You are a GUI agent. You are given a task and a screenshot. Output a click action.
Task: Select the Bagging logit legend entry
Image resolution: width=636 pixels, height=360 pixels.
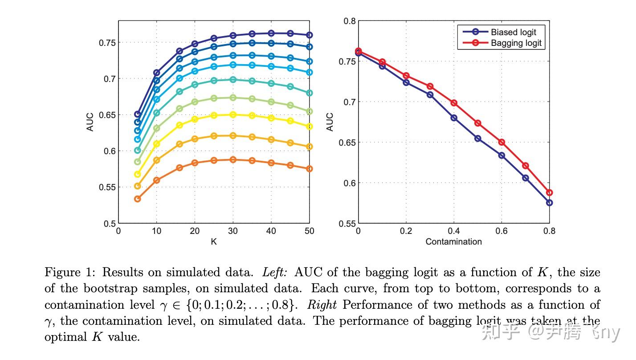pyautogui.click(x=516, y=43)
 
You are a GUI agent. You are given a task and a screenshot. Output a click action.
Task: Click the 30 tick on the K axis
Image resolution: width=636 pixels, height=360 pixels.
pyautogui.click(x=233, y=231)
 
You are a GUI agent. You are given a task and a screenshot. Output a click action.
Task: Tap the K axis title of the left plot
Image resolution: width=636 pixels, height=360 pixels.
pyautogui.click(x=214, y=241)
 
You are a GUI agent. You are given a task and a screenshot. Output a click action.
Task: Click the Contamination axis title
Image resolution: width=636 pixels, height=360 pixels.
pyautogui.click(x=453, y=241)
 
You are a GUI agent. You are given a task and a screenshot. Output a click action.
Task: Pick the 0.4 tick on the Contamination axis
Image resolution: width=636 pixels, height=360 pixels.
pyautogui.click(x=453, y=231)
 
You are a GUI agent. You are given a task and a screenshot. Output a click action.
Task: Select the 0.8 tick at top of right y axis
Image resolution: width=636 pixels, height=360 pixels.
pyautogui.click(x=350, y=21)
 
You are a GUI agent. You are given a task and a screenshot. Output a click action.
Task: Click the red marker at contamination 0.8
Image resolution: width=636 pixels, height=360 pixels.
pyautogui.click(x=549, y=192)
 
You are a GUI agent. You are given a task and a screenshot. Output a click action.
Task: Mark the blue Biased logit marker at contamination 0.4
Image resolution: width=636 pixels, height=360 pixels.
pyautogui.click(x=454, y=118)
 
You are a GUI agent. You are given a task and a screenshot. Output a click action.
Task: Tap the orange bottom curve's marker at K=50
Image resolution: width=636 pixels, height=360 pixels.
pyautogui.click(x=309, y=169)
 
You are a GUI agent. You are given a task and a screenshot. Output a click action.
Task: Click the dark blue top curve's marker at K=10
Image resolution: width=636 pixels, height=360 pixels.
pyautogui.click(x=156, y=73)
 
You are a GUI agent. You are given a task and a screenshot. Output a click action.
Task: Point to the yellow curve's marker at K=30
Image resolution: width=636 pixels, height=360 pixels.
pyautogui.click(x=233, y=115)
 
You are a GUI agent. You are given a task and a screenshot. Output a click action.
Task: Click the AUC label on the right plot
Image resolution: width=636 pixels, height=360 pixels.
pyautogui.click(x=330, y=122)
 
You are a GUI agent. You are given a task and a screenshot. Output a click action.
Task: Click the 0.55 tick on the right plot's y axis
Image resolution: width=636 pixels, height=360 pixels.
pyautogui.click(x=347, y=223)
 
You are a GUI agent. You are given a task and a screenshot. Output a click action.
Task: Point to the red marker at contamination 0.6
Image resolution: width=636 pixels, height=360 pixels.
pyautogui.click(x=501, y=142)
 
